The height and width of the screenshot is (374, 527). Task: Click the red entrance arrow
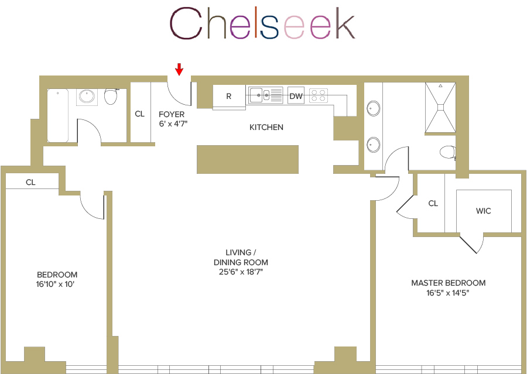coord(179,70)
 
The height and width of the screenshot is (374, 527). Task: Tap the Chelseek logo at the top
coord(262,24)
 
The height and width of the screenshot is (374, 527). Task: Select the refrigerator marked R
coord(228,96)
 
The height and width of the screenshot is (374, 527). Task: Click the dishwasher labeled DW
coord(296,96)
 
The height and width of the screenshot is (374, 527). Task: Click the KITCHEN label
coord(266,127)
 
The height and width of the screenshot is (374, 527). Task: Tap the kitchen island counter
coord(248,159)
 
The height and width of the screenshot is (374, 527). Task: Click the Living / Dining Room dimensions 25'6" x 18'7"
coord(241,272)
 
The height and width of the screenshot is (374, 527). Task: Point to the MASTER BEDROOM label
coord(448,283)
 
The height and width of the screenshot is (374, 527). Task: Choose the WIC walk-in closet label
coord(483,211)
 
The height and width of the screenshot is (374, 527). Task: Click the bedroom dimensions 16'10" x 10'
coord(57,284)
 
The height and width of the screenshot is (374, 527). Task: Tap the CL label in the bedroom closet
coord(30,183)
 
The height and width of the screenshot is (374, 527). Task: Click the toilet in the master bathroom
coord(447,152)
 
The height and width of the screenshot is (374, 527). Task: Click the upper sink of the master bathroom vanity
coord(372,108)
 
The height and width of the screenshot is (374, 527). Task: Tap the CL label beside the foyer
coord(139,114)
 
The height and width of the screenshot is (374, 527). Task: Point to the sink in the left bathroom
coord(87,97)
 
